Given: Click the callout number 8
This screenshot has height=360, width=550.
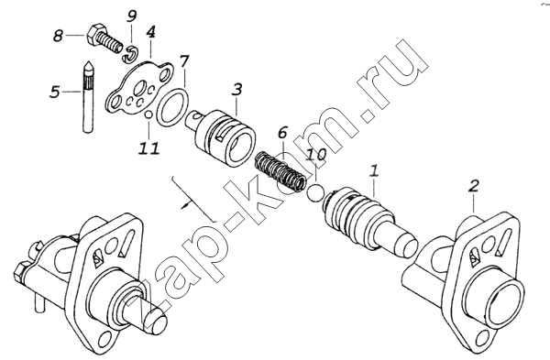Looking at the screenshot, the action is (59, 36).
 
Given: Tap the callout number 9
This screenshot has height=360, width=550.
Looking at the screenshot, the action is (131, 16).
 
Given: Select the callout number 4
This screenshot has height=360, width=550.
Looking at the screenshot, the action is (150, 32).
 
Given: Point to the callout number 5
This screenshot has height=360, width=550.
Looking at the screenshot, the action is (55, 92).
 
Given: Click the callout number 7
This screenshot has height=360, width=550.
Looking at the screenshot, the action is (184, 61).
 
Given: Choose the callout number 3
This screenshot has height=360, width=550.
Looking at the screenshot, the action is (237, 89).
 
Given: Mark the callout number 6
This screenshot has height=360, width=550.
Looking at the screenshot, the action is (282, 133).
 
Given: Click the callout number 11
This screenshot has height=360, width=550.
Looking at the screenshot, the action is (148, 148).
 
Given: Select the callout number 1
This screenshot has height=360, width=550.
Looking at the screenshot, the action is (374, 171).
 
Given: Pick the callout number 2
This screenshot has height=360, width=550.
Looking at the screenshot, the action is (474, 185).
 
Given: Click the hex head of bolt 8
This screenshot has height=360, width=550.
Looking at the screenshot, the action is (94, 35).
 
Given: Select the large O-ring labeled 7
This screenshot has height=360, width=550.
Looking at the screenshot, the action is (172, 107).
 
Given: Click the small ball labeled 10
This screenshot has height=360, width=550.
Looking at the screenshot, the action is (316, 192).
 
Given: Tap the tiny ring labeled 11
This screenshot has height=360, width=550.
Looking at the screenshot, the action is (148, 115).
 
